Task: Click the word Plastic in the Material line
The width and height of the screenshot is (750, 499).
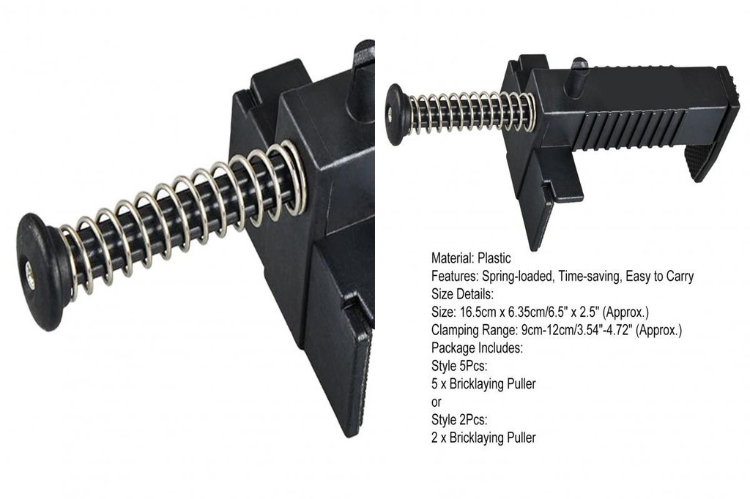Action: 494,258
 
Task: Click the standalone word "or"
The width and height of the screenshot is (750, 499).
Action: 437,402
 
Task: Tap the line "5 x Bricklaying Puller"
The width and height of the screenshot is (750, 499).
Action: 483,384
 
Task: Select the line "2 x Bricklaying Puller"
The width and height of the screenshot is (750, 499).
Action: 483,438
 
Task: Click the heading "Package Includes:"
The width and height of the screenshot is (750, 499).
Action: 477,348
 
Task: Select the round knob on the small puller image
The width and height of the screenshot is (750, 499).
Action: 396,114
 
